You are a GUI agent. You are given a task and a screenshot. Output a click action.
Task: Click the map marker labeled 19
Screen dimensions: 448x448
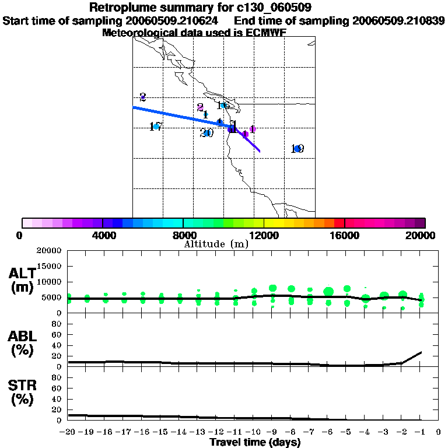click(297, 149)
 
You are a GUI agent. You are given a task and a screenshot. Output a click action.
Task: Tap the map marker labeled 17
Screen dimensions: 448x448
click(156, 127)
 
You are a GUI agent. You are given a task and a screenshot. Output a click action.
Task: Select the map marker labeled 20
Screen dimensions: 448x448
click(206, 133)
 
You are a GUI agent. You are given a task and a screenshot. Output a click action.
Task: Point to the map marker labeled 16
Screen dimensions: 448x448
click(223, 106)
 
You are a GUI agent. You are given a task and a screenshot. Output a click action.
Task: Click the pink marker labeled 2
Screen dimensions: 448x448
click(200, 107)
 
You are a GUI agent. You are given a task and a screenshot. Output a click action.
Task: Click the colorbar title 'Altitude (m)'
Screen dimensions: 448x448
click(216, 244)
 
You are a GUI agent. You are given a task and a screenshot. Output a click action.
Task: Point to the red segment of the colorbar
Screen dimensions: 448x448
click(339, 223)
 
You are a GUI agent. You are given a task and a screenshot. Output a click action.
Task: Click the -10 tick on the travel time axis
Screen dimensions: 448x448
click(254, 432)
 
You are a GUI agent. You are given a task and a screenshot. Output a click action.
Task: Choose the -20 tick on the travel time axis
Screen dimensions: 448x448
click(68, 432)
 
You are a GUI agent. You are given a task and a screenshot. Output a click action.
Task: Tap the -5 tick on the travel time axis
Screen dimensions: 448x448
click(346, 432)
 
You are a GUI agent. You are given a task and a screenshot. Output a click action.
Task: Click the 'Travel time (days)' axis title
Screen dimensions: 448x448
click(255, 442)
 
